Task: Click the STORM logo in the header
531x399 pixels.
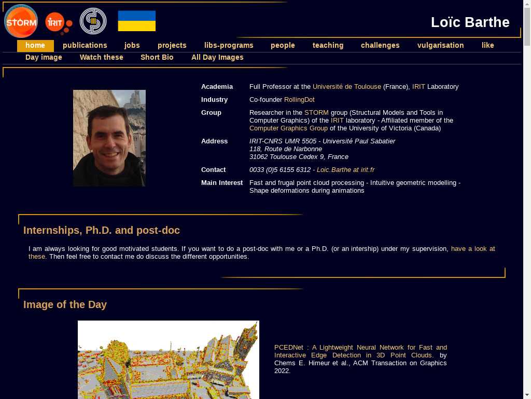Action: coord(21,21)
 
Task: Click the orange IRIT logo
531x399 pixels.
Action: coord(58,22)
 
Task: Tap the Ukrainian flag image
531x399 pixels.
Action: coord(136,21)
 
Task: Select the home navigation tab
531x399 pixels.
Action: coord(35,45)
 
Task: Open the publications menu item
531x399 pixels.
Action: coord(85,45)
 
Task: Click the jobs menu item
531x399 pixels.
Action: coord(132,45)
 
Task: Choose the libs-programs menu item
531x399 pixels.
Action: coord(229,45)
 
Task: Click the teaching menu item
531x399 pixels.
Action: coord(328,45)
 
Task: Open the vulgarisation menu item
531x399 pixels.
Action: coord(440,45)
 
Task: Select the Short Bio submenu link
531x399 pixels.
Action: coord(157,57)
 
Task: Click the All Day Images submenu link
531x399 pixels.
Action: coord(217,57)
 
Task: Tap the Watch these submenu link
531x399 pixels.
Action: coord(101,57)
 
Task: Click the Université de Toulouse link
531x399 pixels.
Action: coord(346,87)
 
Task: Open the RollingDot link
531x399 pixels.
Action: coord(299,100)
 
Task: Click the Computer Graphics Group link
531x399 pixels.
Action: coord(288,128)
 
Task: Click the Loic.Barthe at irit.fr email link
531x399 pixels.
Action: coord(345,170)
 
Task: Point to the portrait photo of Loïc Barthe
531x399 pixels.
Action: coord(109,138)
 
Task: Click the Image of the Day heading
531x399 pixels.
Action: coord(65,304)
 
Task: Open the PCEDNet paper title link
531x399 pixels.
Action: coord(360,351)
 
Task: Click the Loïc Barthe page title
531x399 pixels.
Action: coord(470,22)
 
